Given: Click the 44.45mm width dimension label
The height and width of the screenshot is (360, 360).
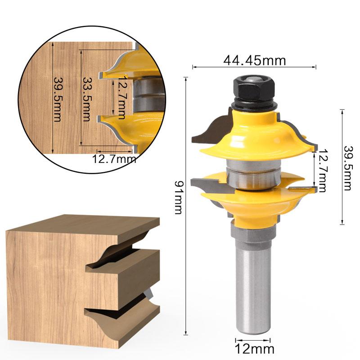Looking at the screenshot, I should click(254, 60).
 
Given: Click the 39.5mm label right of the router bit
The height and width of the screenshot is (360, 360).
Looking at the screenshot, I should click(347, 167).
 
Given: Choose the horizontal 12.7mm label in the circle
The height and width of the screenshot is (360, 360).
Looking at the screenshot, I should click(114, 158).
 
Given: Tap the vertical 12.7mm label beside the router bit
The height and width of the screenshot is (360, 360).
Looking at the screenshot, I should click(322, 171).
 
